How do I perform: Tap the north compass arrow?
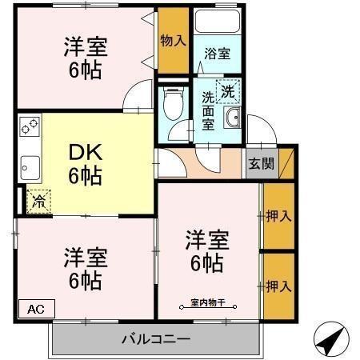click(330, 339)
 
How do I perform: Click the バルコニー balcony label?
click(156, 338)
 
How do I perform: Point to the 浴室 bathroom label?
click(216, 54)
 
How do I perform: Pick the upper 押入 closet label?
click(278, 216)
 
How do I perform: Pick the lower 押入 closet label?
click(278, 285)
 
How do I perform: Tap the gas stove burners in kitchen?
click(30, 127)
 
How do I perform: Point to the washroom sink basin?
click(233, 121)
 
